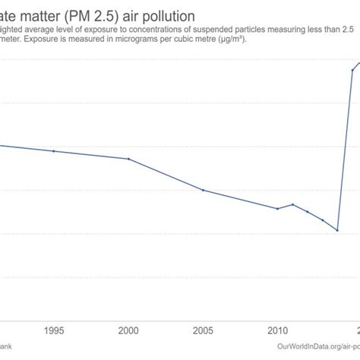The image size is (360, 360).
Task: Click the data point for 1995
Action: [x=54, y=151]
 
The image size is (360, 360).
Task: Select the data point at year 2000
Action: [x=128, y=159]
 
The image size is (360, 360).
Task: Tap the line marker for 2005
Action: [x=203, y=190]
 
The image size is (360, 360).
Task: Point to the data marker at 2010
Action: [x=277, y=209]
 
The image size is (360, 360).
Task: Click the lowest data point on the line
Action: [x=337, y=230]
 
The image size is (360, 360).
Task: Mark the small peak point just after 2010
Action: [x=292, y=204]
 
